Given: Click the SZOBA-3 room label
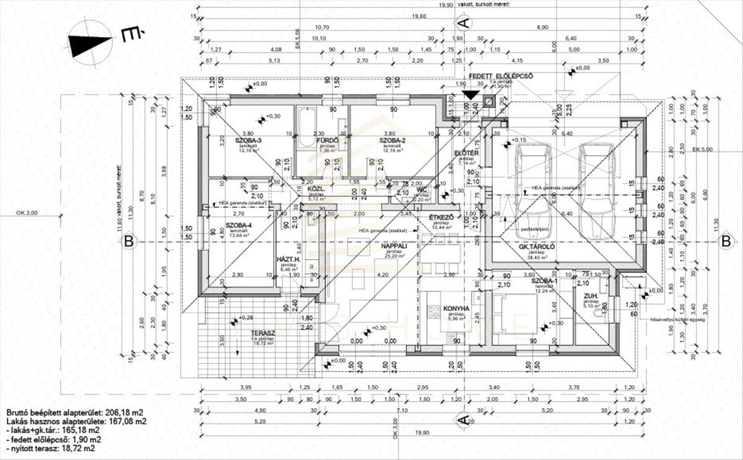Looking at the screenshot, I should pyautogui.click(x=248, y=140).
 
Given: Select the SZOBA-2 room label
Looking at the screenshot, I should pyautogui.click(x=393, y=140).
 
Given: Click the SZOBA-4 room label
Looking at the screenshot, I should pyautogui.click(x=238, y=225).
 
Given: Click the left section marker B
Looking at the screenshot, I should pyautogui.click(x=128, y=242).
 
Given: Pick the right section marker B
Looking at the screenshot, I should pyautogui.click(x=725, y=242).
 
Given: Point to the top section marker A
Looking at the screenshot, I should pyautogui.click(x=464, y=23).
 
